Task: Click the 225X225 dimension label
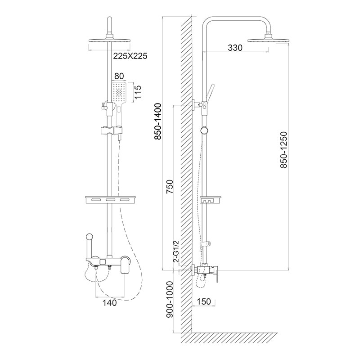coord(130,56)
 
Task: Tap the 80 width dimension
coord(119,76)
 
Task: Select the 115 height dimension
coord(138,92)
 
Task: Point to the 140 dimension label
coord(109,303)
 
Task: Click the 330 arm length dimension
coord(235,48)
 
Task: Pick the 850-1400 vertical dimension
coord(158,121)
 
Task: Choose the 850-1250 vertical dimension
coord(283,150)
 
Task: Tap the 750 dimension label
coord(170,186)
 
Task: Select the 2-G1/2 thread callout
coord(176,252)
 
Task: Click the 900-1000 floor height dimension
coord(170,300)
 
